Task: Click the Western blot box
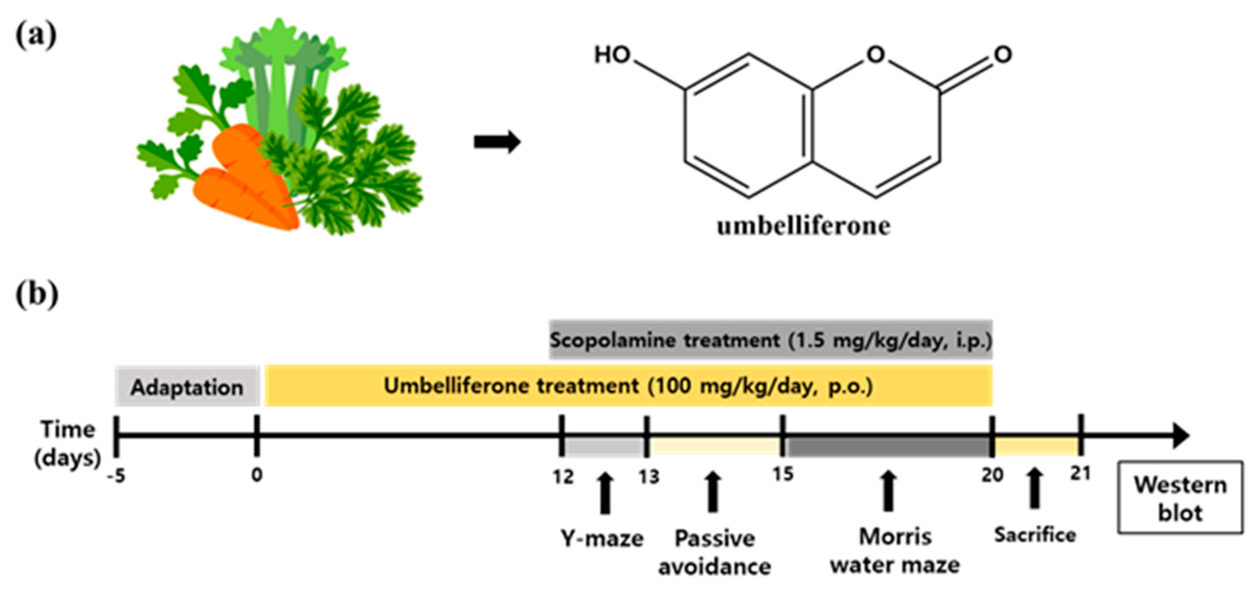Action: [1180, 498]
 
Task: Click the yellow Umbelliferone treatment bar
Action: [628, 386]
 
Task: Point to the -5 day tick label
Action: [117, 476]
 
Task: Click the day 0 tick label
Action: [257, 475]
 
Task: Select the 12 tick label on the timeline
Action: [563, 476]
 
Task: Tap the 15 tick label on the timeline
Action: [783, 474]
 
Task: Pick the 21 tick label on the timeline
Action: [1081, 473]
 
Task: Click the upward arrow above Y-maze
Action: [605, 493]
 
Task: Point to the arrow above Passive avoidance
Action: [713, 492]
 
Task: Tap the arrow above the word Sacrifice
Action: [1034, 488]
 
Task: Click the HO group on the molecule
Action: [612, 55]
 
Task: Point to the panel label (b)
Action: [37, 295]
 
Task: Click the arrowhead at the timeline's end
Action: [1180, 435]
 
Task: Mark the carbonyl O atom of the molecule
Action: [1002, 55]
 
